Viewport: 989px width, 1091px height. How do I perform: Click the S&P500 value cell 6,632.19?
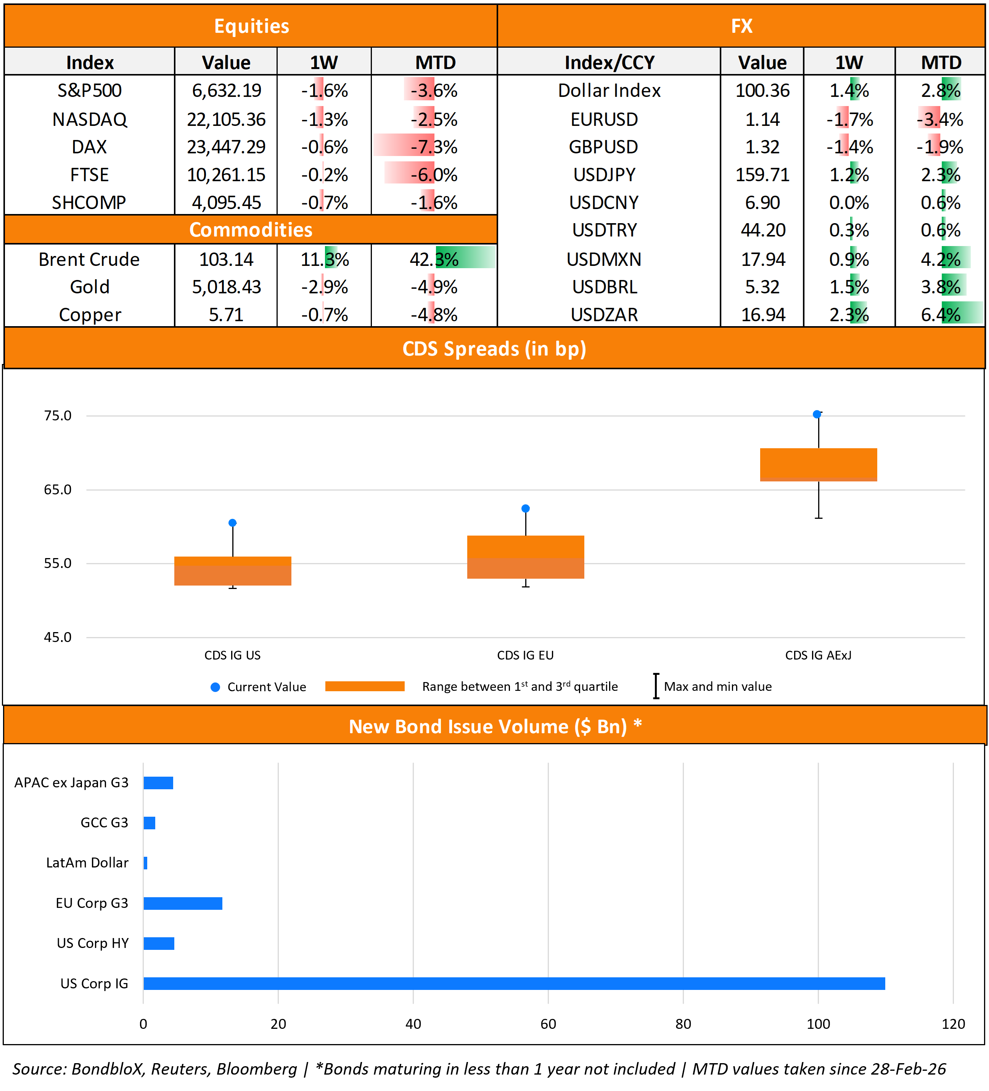point(226,90)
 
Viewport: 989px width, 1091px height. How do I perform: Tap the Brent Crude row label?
point(89,259)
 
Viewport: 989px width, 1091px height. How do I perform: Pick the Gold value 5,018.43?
point(226,287)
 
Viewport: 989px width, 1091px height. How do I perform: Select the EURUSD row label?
point(604,119)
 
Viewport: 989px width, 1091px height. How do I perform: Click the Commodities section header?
point(251,230)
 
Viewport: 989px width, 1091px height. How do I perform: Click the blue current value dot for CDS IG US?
point(232,523)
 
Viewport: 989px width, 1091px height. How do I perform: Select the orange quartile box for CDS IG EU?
point(525,557)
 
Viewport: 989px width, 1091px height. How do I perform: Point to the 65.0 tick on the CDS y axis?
point(57,490)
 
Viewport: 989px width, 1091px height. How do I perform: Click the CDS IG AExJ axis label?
point(818,655)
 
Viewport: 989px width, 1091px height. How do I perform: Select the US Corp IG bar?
point(514,983)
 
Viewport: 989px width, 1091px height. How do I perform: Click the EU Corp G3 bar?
point(183,903)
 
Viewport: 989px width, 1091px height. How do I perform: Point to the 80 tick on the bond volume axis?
point(683,1024)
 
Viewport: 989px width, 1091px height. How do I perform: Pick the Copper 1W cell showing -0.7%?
point(324,314)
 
